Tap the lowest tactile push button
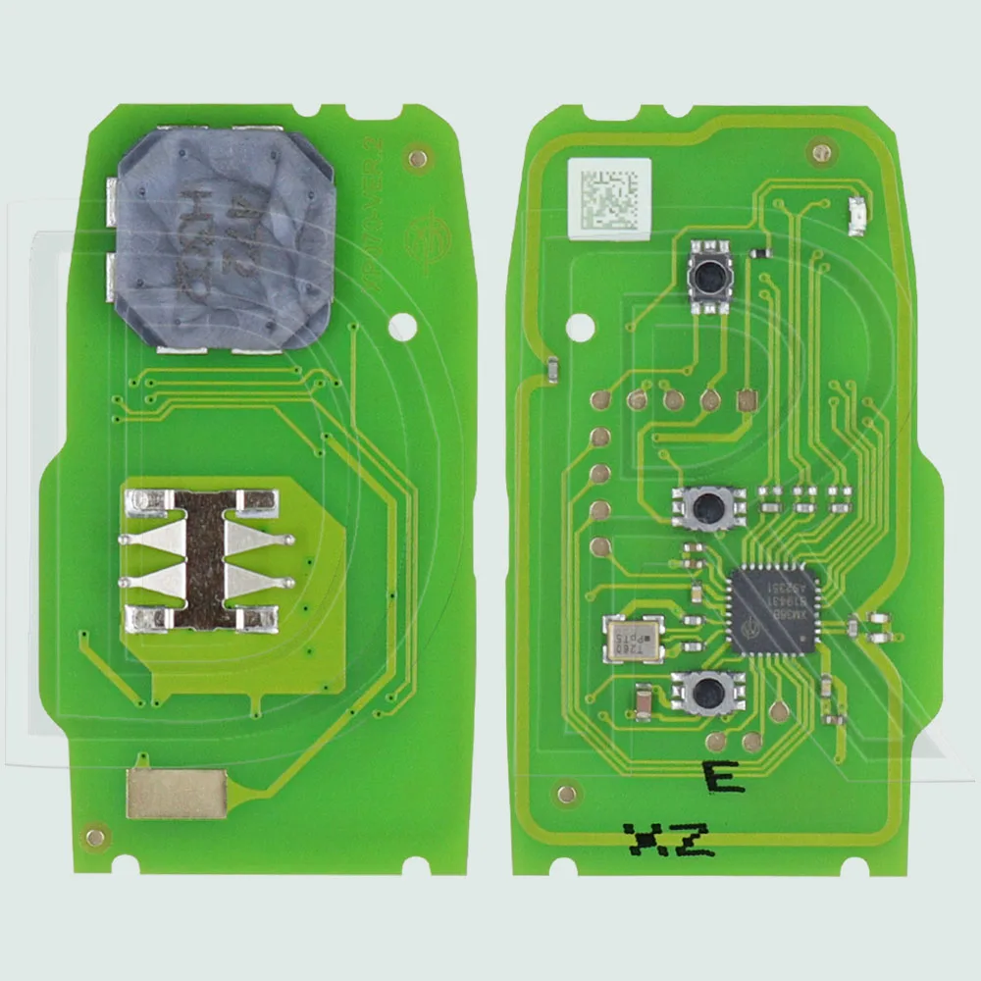tap(704, 693)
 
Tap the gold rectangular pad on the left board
tap(177, 793)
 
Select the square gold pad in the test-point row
tap(746, 400)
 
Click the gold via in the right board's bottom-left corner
tap(564, 789)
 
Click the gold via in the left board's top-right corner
tap(419, 156)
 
